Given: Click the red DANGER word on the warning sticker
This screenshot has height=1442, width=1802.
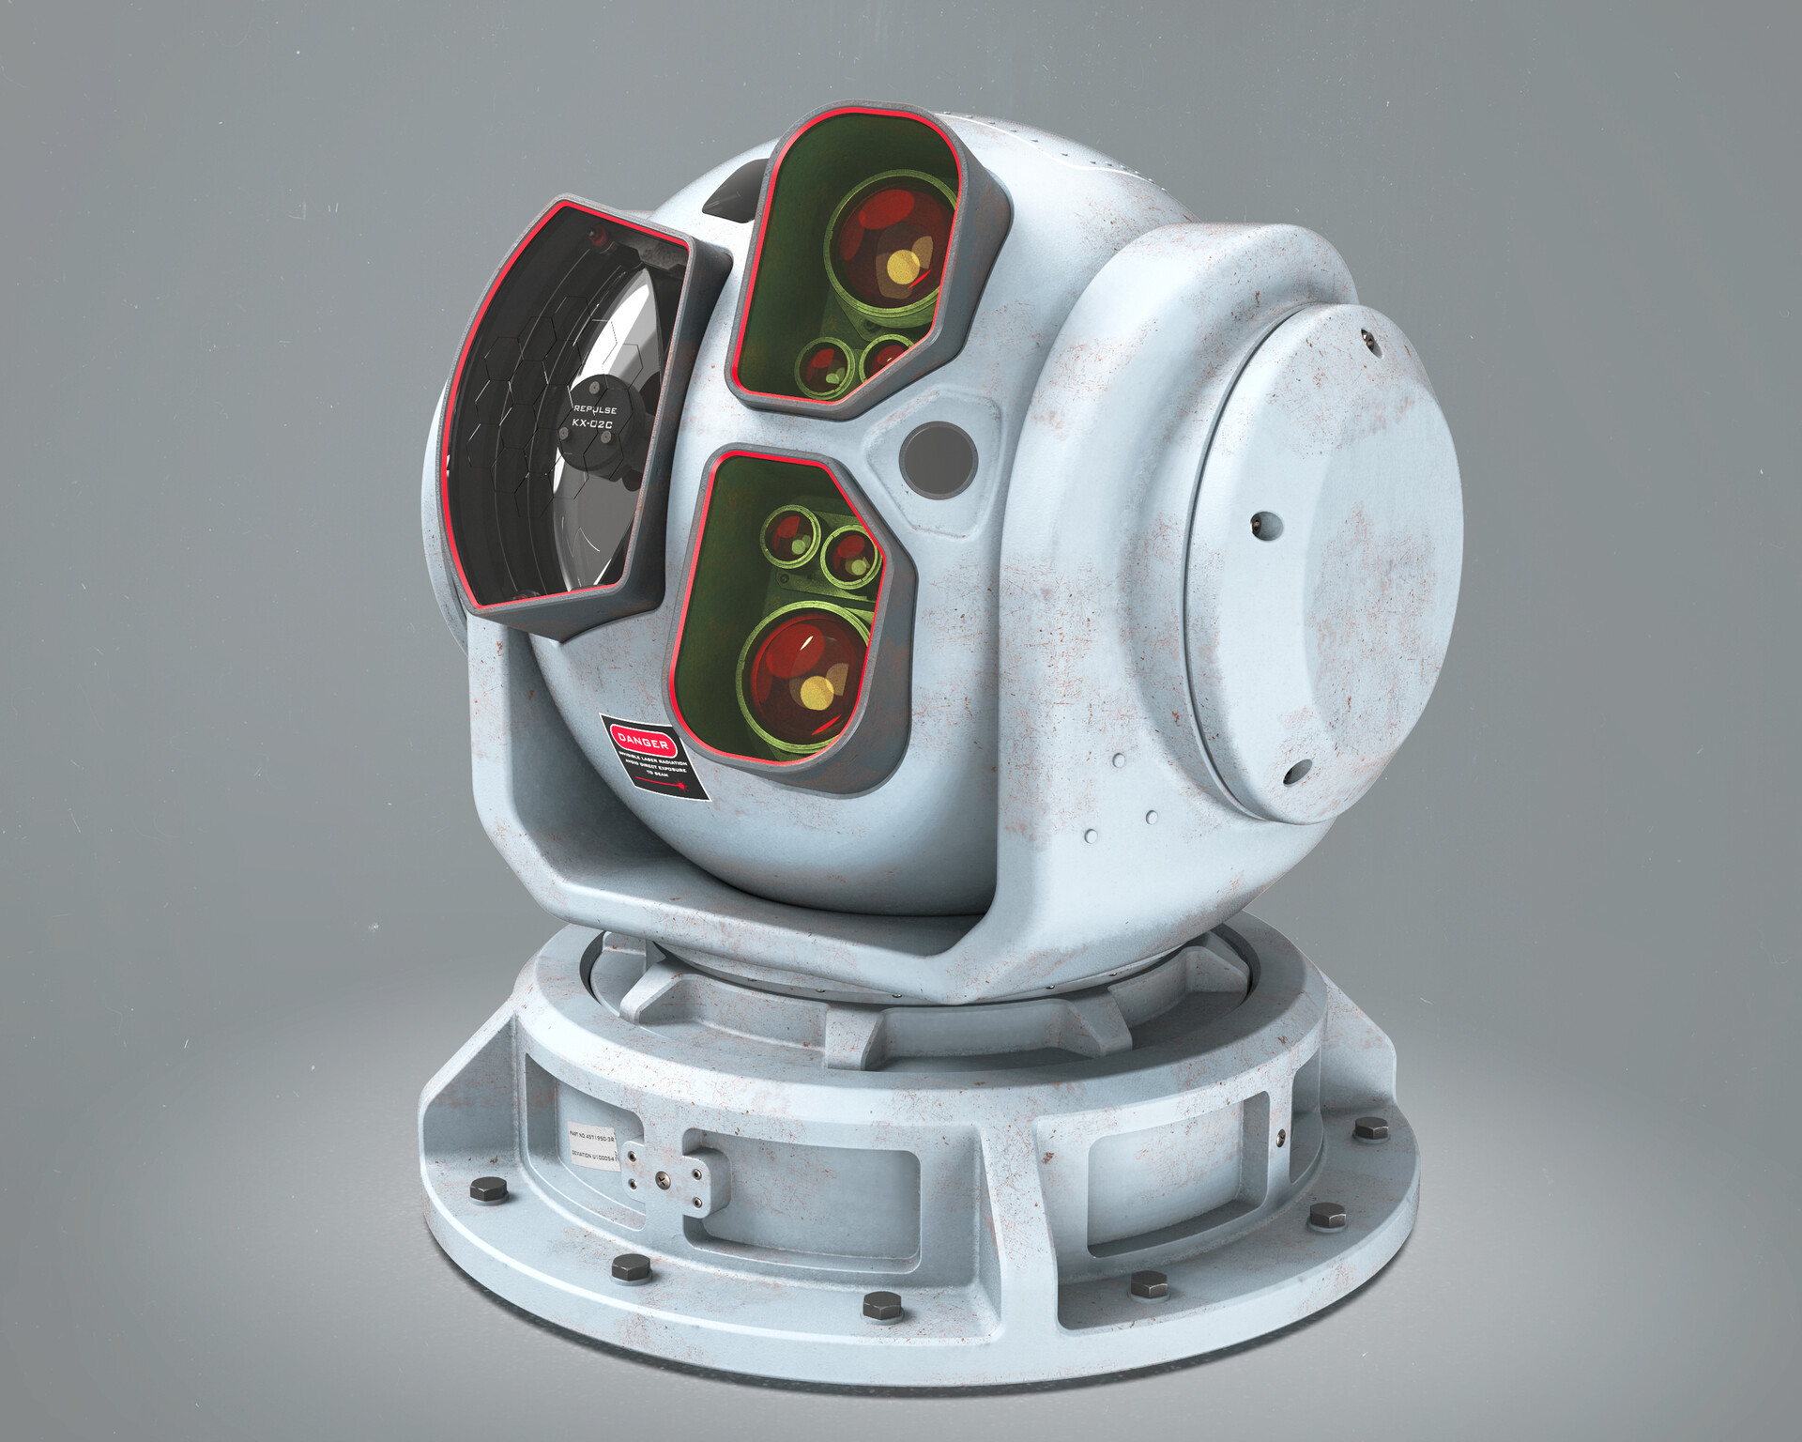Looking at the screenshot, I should pyautogui.click(x=644, y=741).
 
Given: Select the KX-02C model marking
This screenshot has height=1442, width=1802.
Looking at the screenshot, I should pyautogui.click(x=592, y=424).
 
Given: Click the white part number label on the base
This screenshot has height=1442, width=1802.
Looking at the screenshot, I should pyautogui.click(x=591, y=1146).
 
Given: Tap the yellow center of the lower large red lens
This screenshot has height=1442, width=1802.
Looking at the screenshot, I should pyautogui.click(x=817, y=693).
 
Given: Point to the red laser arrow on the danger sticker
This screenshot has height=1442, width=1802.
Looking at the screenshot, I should pyautogui.click(x=663, y=780).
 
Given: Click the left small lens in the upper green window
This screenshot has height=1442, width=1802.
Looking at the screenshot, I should pyautogui.click(x=822, y=364).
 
